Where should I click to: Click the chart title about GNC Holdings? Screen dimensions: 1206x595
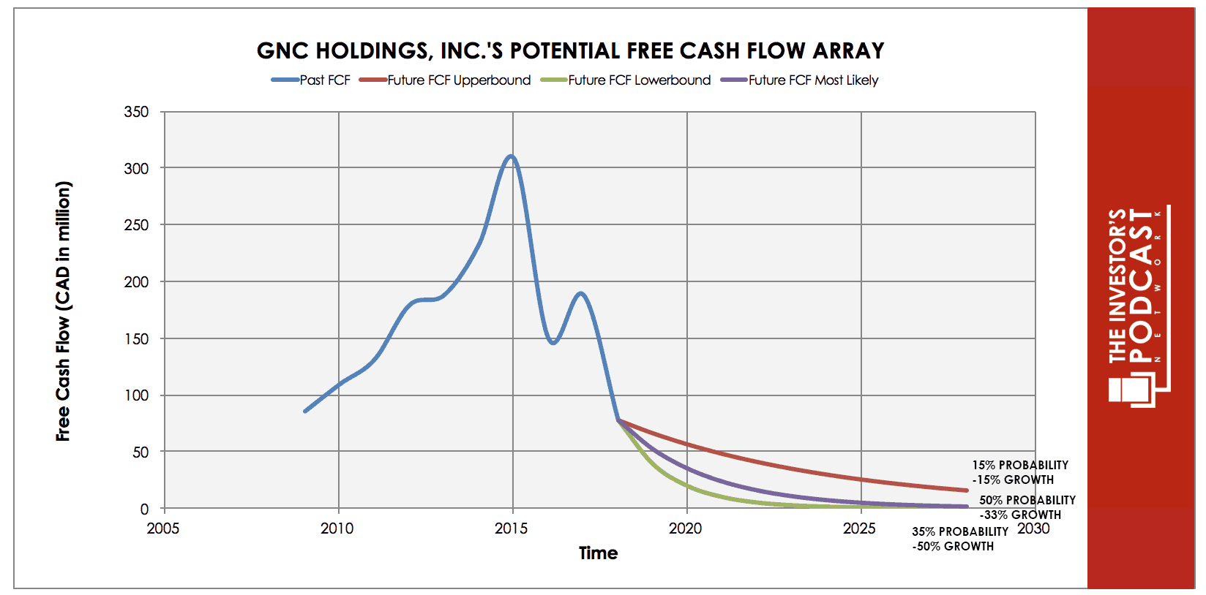(570, 51)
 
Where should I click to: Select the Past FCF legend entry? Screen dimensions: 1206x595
(311, 80)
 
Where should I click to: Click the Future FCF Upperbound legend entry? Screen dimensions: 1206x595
(445, 80)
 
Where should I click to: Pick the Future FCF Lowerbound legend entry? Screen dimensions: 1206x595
(625, 80)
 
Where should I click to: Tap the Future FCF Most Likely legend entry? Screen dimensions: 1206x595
(799, 80)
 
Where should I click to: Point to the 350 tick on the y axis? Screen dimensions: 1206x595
(136, 112)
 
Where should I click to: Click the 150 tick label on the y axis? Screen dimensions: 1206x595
(136, 339)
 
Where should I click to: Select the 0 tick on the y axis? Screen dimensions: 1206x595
(144, 509)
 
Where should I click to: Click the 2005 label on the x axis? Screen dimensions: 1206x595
(163, 528)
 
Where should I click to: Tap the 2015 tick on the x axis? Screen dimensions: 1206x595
(512, 528)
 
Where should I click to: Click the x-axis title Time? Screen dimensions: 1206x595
(598, 553)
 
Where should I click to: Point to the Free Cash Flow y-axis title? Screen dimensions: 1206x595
(63, 311)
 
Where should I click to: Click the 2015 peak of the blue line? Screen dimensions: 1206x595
(511, 156)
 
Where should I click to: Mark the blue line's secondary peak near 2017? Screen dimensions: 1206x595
(580, 294)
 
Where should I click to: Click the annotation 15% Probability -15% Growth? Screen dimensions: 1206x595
(1019, 472)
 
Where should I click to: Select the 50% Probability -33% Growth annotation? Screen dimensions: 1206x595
(1027, 507)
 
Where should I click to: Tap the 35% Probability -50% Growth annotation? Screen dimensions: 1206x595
(960, 539)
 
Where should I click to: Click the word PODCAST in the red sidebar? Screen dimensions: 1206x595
(1142, 285)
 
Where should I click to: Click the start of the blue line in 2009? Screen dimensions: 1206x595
(305, 411)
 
